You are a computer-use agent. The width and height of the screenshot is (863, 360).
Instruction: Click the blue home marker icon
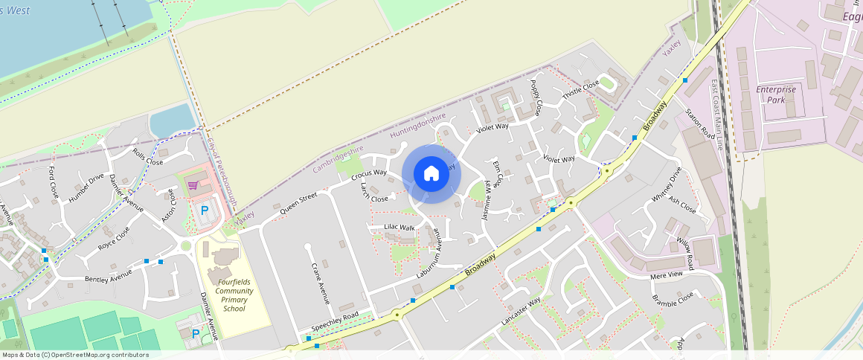point(431,174)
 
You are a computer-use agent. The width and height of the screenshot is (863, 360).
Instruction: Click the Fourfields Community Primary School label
point(234,295)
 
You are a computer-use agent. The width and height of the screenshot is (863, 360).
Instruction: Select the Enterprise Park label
point(776,94)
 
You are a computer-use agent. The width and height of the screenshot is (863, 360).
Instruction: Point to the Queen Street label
point(298,204)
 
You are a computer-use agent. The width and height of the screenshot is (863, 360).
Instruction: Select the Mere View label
point(666,274)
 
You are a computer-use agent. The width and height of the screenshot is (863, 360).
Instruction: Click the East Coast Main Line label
point(718,115)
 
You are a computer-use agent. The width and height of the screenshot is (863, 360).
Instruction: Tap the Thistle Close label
point(580,91)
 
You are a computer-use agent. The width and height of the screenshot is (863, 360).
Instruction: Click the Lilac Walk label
point(400,227)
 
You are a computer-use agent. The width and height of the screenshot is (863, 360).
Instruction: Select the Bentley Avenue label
point(108,276)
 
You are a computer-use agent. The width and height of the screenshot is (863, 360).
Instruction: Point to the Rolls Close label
point(147,157)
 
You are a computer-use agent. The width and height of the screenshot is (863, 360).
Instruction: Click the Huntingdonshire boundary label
point(417,126)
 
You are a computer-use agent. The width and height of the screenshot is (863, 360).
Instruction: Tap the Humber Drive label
point(86,189)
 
